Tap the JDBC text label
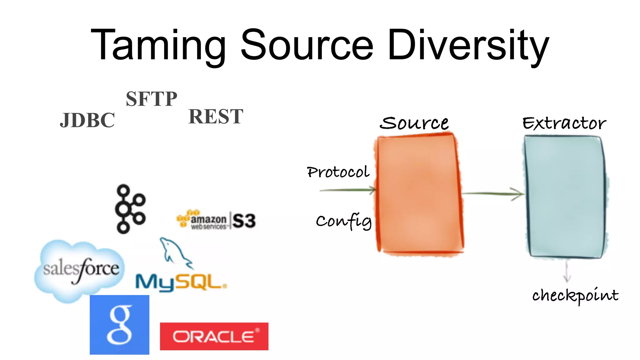click(x=87, y=120)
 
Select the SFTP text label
click(x=152, y=99)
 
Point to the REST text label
click(x=216, y=117)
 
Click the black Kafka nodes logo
click(x=130, y=209)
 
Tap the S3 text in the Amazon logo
click(x=244, y=221)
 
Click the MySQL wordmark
click(x=181, y=282)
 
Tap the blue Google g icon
click(x=119, y=325)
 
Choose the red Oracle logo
click(x=214, y=336)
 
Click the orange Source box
click(x=419, y=194)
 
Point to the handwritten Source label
click(x=414, y=123)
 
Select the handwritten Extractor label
click(x=564, y=123)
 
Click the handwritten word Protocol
click(x=338, y=172)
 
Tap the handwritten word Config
click(x=344, y=221)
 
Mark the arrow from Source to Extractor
click(x=492, y=194)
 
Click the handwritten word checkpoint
click(x=575, y=295)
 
